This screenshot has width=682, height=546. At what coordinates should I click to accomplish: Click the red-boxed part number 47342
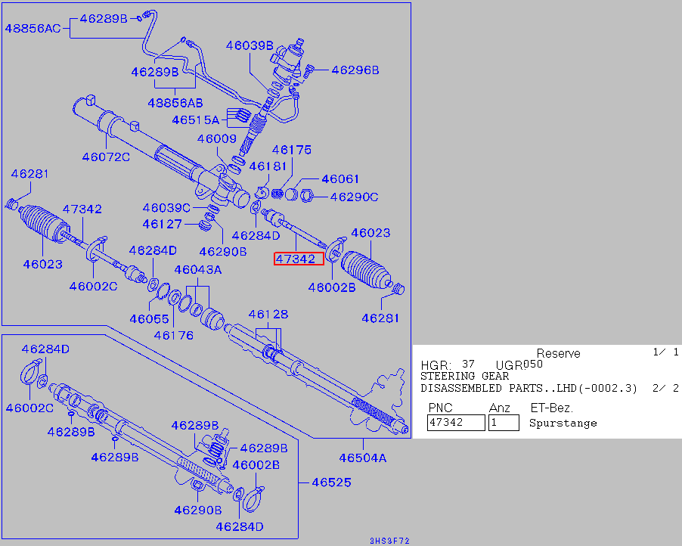[299, 259]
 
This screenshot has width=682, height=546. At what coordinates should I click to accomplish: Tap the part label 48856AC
[33, 29]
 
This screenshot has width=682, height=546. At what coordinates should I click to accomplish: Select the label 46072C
[106, 157]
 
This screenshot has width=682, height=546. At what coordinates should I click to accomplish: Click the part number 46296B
[355, 70]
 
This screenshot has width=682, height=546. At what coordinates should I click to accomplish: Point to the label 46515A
[194, 119]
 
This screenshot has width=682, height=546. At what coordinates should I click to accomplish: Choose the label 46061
[340, 179]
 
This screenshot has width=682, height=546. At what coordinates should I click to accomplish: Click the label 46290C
[354, 197]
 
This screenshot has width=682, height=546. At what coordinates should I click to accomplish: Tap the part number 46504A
[362, 458]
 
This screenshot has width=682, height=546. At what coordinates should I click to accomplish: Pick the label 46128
[268, 314]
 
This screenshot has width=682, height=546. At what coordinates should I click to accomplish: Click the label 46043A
[198, 270]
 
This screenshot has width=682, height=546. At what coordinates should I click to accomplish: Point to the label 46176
[174, 335]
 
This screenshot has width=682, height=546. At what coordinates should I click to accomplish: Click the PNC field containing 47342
[456, 423]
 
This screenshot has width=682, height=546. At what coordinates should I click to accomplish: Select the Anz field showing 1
[504, 423]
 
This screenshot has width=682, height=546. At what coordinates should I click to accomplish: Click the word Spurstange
[563, 423]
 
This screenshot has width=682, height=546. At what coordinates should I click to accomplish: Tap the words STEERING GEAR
[464, 376]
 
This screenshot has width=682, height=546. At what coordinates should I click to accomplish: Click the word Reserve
[558, 353]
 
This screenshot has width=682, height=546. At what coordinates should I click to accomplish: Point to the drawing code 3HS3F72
[389, 541]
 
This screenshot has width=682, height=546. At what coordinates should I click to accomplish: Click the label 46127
[162, 224]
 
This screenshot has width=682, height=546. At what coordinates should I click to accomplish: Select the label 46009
[217, 138]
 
